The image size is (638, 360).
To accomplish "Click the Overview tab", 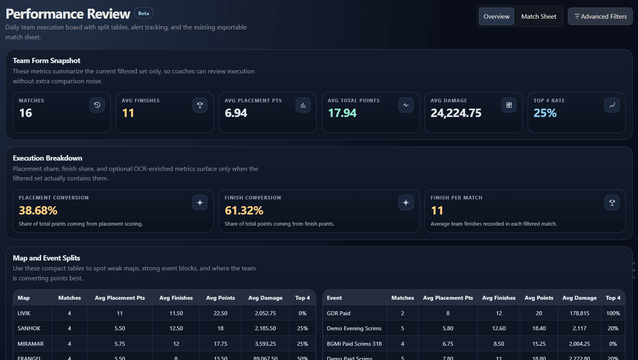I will pyautogui.click(x=496, y=17).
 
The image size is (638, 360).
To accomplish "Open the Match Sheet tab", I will pyautogui.click(x=538, y=17).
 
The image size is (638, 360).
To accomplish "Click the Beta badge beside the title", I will pyautogui.click(x=144, y=13).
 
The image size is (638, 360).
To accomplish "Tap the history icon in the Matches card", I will pyautogui.click(x=97, y=105).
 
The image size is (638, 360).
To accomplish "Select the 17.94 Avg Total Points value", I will pyautogui.click(x=342, y=113).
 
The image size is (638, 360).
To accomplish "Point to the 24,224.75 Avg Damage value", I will pyautogui.click(x=456, y=113).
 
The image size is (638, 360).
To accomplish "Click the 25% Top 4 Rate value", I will pyautogui.click(x=545, y=113).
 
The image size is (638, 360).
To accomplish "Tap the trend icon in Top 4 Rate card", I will pyautogui.click(x=612, y=105).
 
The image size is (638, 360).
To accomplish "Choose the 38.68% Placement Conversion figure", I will pyautogui.click(x=38, y=211).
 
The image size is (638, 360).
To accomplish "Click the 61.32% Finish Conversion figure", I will pyautogui.click(x=244, y=211).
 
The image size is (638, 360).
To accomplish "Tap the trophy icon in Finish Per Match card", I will pyautogui.click(x=612, y=203).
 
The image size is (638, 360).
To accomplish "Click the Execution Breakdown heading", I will pyautogui.click(x=48, y=158).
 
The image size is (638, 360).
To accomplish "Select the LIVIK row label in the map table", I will pyautogui.click(x=24, y=313).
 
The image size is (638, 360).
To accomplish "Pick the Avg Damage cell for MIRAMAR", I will pyautogui.click(x=265, y=344).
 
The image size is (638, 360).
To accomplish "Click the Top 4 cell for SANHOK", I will pyautogui.click(x=302, y=328).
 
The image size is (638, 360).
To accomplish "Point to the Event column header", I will pyautogui.click(x=334, y=298).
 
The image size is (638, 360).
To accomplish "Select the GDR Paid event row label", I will pyautogui.click(x=338, y=313).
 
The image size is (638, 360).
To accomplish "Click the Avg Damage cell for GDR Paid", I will pyautogui.click(x=579, y=313).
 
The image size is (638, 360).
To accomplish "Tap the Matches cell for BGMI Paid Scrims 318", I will pyautogui.click(x=402, y=344).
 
